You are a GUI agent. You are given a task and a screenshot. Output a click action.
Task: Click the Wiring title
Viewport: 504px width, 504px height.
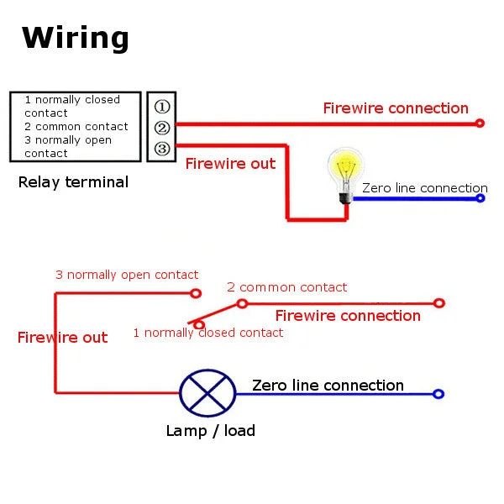pyautogui.click(x=76, y=38)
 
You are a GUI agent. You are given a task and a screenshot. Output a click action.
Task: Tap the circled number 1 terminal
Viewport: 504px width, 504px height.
pyautogui.click(x=162, y=107)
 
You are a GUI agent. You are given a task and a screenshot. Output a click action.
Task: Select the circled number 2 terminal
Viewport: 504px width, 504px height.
pyautogui.click(x=162, y=128)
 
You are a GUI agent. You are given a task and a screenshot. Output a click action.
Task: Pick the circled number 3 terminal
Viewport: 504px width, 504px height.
pyautogui.click(x=162, y=149)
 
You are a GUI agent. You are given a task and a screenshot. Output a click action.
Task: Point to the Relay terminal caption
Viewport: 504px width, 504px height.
pyautogui.click(x=73, y=182)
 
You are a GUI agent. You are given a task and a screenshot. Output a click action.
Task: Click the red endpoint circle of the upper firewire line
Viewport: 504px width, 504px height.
pyautogui.click(x=480, y=123)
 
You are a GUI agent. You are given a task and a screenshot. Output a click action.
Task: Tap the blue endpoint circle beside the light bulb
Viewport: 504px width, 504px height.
pyautogui.click(x=480, y=198)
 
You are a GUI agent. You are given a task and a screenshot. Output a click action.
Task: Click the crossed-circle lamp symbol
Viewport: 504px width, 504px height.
pyautogui.click(x=207, y=393)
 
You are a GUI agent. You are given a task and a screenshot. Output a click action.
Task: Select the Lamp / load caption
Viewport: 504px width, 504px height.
pyautogui.click(x=211, y=431)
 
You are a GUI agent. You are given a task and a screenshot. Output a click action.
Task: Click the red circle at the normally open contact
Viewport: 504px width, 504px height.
pyautogui.click(x=196, y=293)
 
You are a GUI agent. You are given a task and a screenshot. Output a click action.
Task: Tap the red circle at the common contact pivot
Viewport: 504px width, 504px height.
pyautogui.click(x=242, y=303)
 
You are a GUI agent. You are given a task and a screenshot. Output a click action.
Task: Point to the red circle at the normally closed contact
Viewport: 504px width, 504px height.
pyautogui.click(x=199, y=325)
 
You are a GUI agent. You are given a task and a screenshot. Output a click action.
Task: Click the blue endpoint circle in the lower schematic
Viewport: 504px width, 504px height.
pyautogui.click(x=438, y=394)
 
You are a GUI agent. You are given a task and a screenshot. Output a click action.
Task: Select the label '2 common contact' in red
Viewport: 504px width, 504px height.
pyautogui.click(x=286, y=287)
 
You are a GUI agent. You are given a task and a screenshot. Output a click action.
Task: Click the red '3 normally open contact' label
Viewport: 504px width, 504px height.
pyautogui.click(x=127, y=276)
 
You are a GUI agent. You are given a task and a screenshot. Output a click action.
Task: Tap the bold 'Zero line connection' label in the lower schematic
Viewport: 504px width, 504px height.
pyautogui.click(x=328, y=386)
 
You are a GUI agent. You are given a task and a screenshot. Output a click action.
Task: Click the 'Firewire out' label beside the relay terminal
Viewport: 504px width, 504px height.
pyautogui.click(x=230, y=164)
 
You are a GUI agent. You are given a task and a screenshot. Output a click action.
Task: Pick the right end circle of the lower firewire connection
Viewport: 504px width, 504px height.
pyautogui.click(x=439, y=303)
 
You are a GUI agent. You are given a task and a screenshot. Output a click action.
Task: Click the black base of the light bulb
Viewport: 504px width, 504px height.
pyautogui.click(x=345, y=197)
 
